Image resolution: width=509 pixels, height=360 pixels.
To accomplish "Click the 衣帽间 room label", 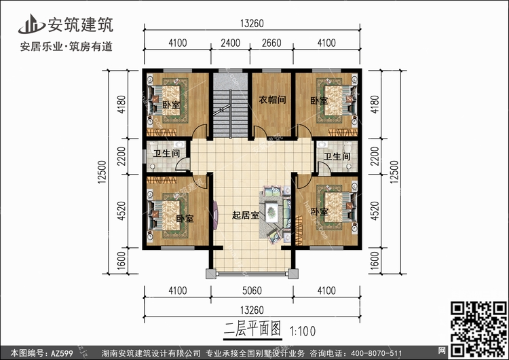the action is (x=272, y=99).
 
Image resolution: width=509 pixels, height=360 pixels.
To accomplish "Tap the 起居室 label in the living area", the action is (x=246, y=215).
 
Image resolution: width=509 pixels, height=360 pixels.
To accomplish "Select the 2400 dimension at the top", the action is (x=231, y=43).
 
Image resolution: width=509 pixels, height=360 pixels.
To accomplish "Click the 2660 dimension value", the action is (x=271, y=43).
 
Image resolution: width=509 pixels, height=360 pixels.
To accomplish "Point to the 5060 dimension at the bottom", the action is (x=252, y=291).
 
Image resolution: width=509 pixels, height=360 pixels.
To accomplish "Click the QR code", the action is (x=478, y=329).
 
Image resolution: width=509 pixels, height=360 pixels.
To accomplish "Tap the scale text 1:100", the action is (x=302, y=331).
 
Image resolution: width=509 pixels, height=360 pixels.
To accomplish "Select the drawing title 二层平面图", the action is (x=252, y=329).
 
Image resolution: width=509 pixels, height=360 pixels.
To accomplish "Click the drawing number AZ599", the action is (x=62, y=353).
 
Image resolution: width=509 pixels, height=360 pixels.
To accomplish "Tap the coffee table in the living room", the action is (x=271, y=212).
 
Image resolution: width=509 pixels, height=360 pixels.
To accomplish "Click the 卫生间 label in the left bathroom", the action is (x=166, y=153).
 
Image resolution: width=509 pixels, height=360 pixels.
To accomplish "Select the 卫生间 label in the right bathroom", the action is (x=337, y=157).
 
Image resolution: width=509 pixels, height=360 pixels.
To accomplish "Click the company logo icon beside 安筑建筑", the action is (x=31, y=24).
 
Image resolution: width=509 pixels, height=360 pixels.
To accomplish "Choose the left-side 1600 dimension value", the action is (x=121, y=261).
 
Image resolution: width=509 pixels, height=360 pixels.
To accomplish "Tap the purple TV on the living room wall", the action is (x=216, y=215).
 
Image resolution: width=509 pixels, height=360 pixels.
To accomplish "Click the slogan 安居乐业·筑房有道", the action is (x=67, y=47).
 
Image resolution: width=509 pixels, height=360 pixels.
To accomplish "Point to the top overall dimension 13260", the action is (x=252, y=23).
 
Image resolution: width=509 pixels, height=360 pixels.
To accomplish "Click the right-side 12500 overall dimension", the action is (x=394, y=172).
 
